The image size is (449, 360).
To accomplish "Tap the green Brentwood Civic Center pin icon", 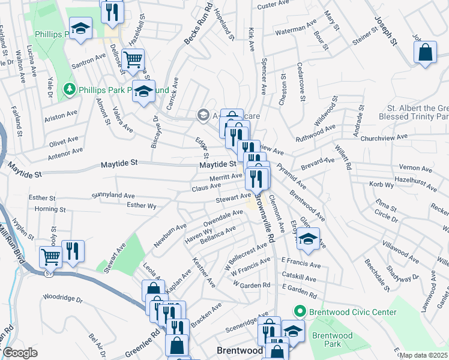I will pos(300,312).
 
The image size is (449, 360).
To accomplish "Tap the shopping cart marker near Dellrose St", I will pos(134,59).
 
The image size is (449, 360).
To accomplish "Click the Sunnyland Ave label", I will pos(113,196).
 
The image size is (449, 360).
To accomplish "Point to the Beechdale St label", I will pos(379,274).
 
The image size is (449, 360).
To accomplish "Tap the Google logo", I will pos(19,353).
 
